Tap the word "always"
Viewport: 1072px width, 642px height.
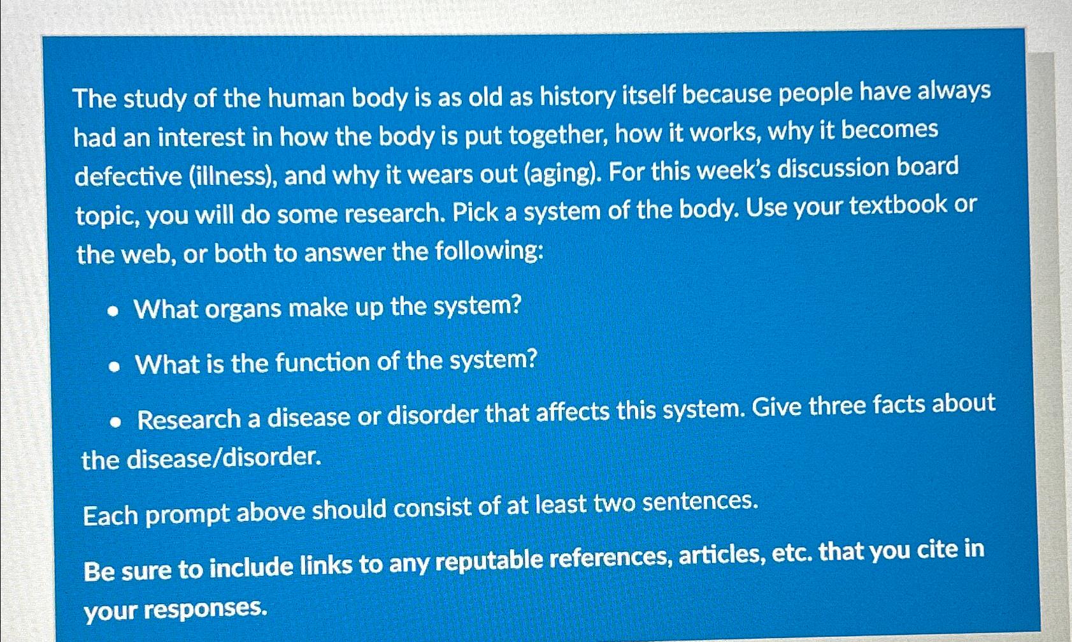tap(954, 91)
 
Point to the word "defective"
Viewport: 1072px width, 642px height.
tap(128, 176)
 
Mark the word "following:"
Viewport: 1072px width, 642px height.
tap(489, 251)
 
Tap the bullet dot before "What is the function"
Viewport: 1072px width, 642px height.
tap(114, 367)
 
